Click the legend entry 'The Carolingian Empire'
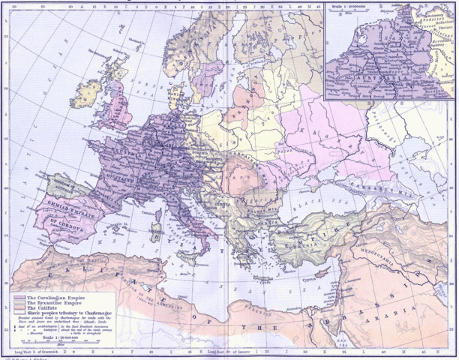click(x=52, y=298)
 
